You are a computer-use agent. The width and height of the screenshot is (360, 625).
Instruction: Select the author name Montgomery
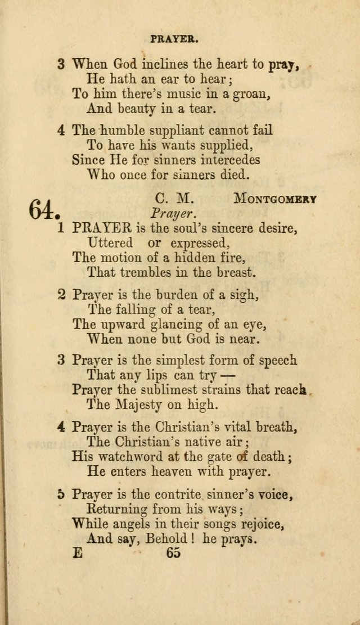[275, 199]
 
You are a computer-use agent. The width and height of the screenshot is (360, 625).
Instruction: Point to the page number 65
[173, 552]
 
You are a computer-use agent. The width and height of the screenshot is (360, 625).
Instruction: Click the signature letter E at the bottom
[77, 553]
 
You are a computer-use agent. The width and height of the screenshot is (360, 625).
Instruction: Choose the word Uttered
[110, 243]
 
